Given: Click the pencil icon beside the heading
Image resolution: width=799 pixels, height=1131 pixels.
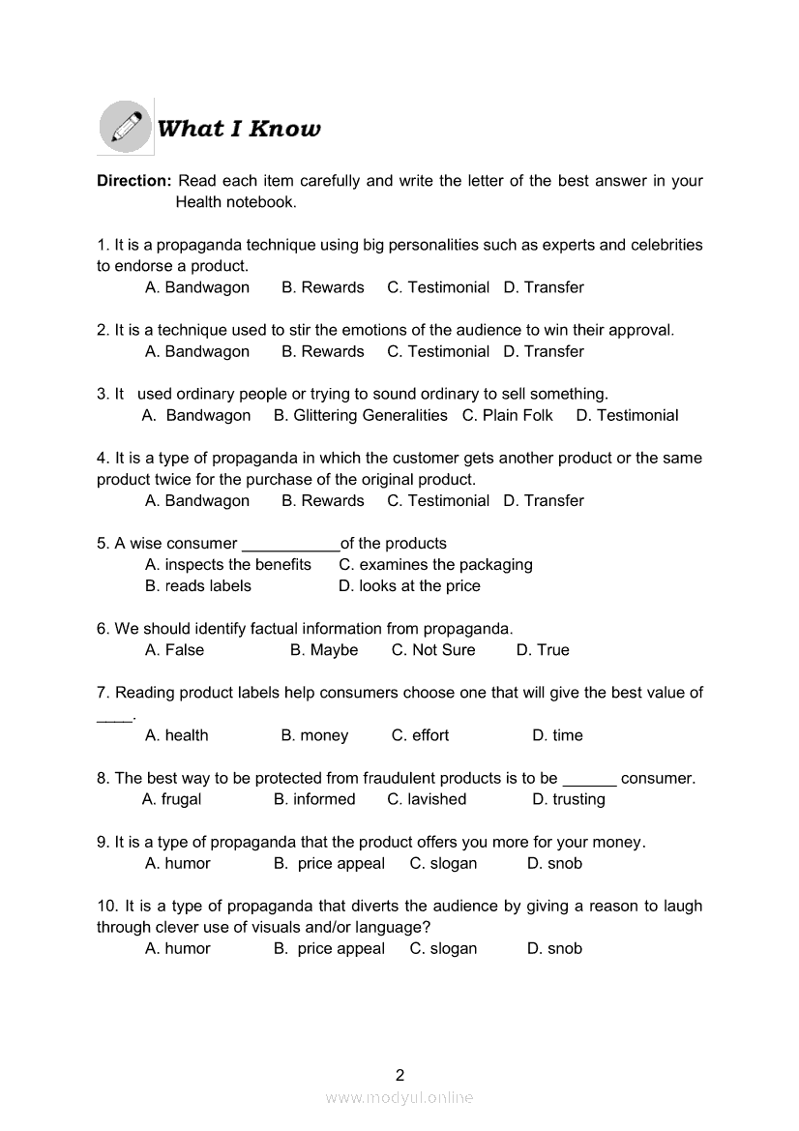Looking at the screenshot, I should (x=126, y=127).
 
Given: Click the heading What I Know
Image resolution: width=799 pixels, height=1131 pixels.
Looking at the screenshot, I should (x=238, y=129).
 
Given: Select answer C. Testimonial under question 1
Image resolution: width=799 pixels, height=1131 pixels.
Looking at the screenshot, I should (x=438, y=287).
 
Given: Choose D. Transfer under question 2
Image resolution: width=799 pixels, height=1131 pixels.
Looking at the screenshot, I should (x=544, y=351).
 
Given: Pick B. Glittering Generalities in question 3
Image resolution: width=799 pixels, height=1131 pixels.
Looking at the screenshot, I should (x=360, y=415).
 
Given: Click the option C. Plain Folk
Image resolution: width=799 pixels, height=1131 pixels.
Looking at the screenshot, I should (x=507, y=415).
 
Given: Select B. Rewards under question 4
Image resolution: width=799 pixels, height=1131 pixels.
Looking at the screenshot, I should (x=323, y=500).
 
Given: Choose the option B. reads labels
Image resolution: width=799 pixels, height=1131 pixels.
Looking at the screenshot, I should (x=198, y=585).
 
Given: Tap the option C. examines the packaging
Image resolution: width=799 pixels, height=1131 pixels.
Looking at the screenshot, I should (x=435, y=564).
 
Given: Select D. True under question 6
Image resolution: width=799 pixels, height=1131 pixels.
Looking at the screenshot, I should (x=543, y=650).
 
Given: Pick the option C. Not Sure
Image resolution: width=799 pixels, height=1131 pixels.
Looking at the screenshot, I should (x=433, y=650).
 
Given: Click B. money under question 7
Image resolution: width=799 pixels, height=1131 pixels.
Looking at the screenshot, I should (x=314, y=735).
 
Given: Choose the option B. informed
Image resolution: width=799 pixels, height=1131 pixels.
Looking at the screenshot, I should (x=314, y=799).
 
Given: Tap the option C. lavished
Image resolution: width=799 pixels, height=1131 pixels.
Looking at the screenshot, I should (x=427, y=799).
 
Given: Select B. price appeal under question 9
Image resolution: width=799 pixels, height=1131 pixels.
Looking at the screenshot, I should (x=329, y=863).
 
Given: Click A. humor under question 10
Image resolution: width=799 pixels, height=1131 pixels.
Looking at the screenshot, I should (x=178, y=948).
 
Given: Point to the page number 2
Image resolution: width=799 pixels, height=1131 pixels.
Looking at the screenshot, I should (x=399, y=1074).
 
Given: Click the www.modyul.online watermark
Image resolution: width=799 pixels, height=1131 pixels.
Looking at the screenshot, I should (x=399, y=1097).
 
